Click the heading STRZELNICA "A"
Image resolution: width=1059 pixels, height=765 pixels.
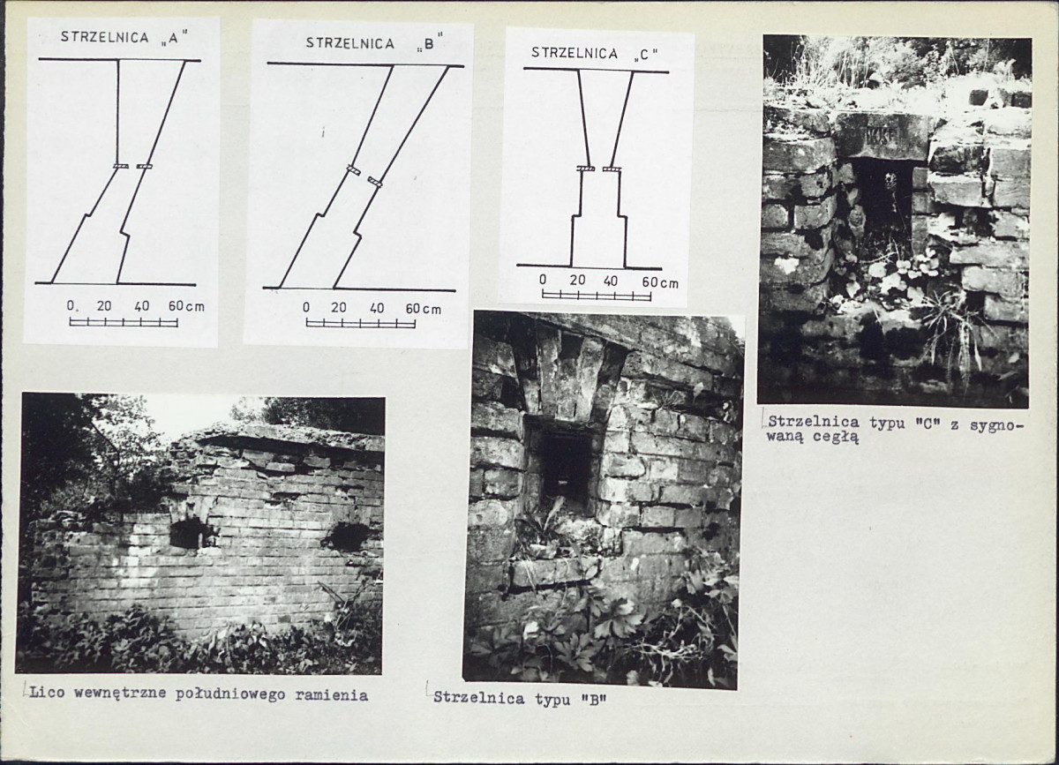click(124, 38)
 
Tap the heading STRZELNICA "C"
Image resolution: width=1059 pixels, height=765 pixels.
click(594, 54)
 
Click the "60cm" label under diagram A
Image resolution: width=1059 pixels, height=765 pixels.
click(186, 306)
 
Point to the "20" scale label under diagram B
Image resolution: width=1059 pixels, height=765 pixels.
click(339, 308)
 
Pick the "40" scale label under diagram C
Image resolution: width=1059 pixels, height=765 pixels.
click(611, 281)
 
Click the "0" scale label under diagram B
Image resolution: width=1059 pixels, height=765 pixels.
click(306, 307)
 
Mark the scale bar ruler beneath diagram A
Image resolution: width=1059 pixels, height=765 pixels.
click(124, 322)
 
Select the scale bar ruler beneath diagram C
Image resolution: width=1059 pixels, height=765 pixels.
click(597, 296)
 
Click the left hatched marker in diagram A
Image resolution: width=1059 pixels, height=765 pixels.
click(121, 166)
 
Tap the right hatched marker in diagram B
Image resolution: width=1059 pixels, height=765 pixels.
click(375, 182)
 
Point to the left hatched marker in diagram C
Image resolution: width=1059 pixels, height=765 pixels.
click(586, 169)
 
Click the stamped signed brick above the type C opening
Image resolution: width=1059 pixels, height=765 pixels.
click(882, 136)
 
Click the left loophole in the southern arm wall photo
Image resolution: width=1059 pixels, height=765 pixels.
click(188, 533)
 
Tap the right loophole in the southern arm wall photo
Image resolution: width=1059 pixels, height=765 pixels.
click(349, 536)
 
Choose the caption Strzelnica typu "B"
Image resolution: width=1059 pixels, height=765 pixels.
click(520, 698)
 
